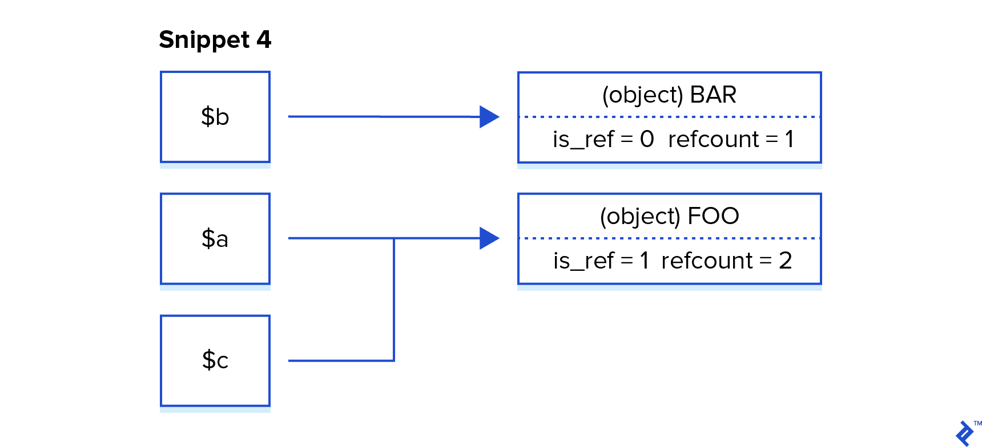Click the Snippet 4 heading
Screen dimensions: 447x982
tap(215, 40)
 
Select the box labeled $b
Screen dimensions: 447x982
tap(215, 117)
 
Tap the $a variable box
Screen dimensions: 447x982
tap(215, 238)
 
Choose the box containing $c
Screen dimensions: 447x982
tap(215, 360)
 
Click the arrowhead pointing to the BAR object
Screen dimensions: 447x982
tap(489, 117)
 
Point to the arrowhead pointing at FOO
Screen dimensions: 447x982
tap(489, 238)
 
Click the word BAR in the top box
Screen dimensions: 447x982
tap(713, 95)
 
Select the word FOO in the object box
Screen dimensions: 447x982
tap(713, 216)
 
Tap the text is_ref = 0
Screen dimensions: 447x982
tap(603, 140)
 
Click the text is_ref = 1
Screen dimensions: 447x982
tap(601, 261)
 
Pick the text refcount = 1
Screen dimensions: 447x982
tap(731, 140)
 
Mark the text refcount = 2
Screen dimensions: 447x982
tap(726, 261)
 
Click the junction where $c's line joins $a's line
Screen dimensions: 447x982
tap(394, 238)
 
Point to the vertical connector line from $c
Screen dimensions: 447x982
tap(394, 299)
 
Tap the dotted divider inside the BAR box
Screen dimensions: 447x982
tap(669, 117)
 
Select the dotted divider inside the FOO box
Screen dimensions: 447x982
tap(669, 238)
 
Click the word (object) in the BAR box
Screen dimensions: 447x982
tap(642, 95)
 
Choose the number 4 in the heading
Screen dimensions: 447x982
tap(263, 40)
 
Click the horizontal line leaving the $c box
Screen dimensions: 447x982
tap(341, 360)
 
